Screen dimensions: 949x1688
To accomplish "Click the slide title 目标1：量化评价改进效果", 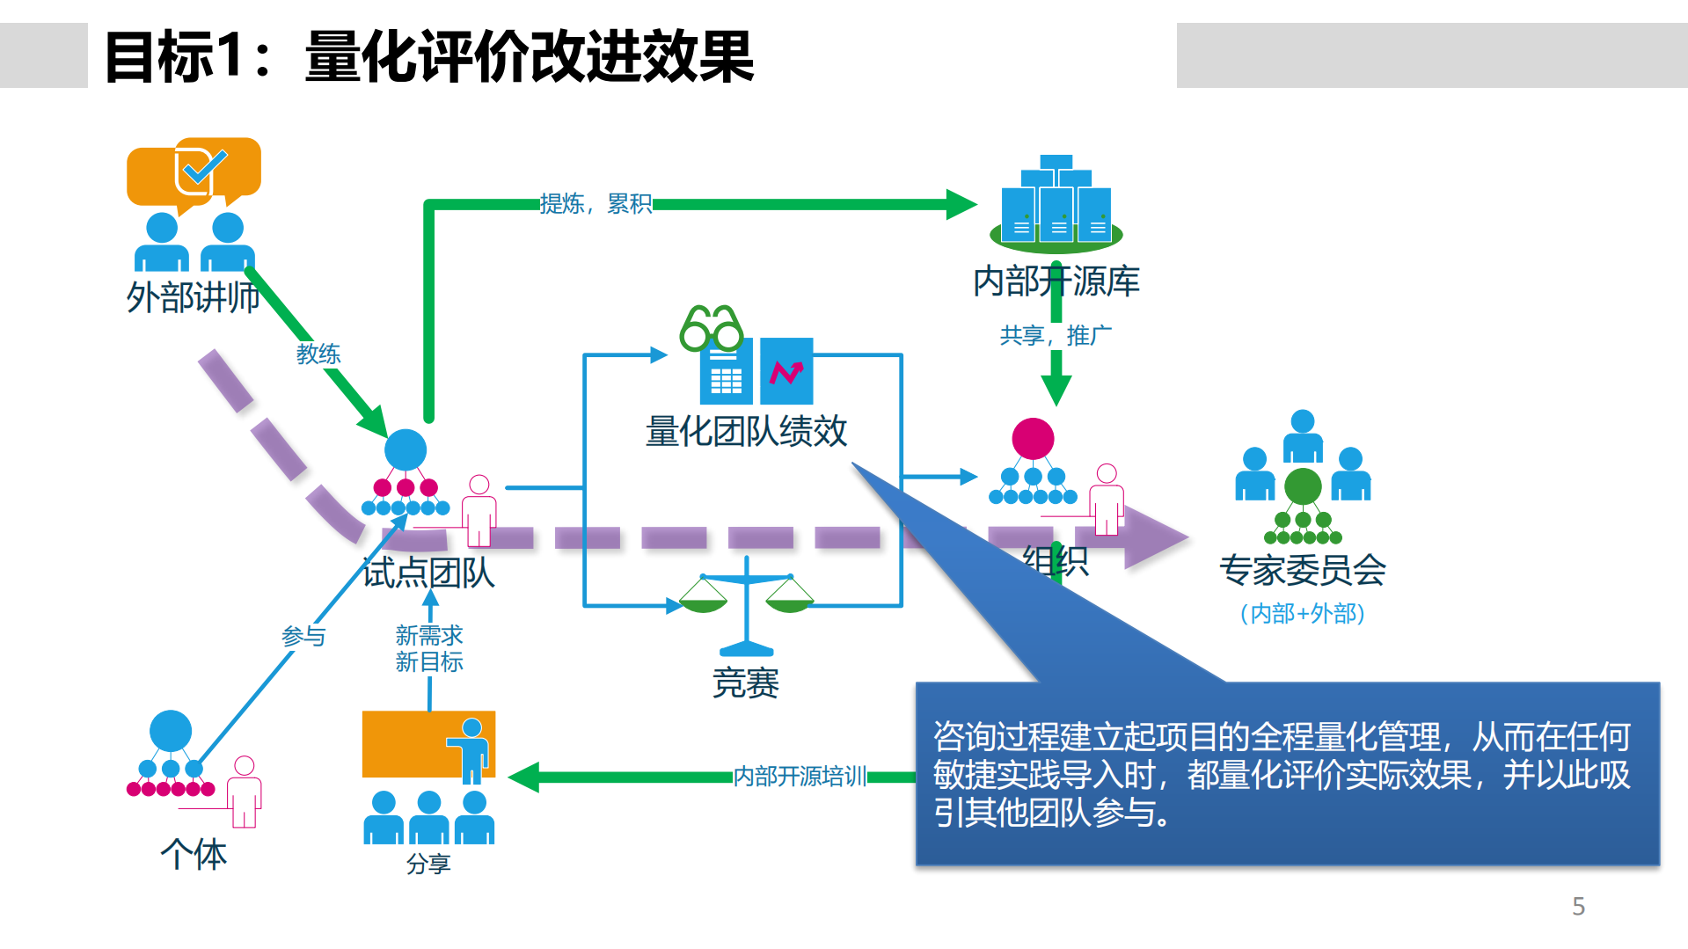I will click(428, 57).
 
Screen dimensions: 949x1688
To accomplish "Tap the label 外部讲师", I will click(193, 297).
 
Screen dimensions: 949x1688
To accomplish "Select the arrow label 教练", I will click(318, 354).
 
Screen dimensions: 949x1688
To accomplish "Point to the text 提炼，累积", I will click(596, 204).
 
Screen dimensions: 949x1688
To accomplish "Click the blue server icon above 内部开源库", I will click(1056, 202).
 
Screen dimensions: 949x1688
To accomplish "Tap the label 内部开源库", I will click(1056, 281).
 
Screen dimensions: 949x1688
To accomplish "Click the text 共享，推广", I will click(1056, 335).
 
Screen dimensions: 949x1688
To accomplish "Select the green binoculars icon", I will click(711, 328).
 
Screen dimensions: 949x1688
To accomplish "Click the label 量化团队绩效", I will click(746, 431).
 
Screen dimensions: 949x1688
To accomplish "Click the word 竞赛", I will click(746, 683).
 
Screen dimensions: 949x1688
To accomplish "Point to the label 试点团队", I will click(428, 573).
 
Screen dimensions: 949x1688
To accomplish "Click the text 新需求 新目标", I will click(429, 648).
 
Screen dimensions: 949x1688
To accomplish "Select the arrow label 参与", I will click(303, 635).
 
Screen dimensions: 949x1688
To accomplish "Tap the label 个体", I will click(194, 854).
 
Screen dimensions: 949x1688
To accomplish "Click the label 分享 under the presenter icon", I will click(428, 864).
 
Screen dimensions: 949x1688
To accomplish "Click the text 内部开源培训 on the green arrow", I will click(800, 776).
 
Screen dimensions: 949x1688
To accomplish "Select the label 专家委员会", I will click(1302, 570).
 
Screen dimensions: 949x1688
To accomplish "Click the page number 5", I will click(1578, 906).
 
